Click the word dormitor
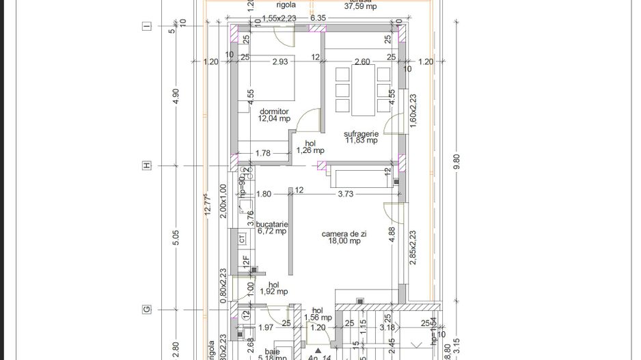[273, 111]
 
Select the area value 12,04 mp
[273, 118]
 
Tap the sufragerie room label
[362, 134]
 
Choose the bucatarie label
[272, 224]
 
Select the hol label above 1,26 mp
[310, 143]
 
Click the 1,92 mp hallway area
[273, 292]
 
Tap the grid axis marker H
[146, 166]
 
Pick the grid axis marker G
[146, 309]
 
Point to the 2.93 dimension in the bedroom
[281, 62]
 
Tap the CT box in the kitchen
[242, 239]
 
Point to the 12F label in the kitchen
[244, 261]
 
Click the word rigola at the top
[267, 4]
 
